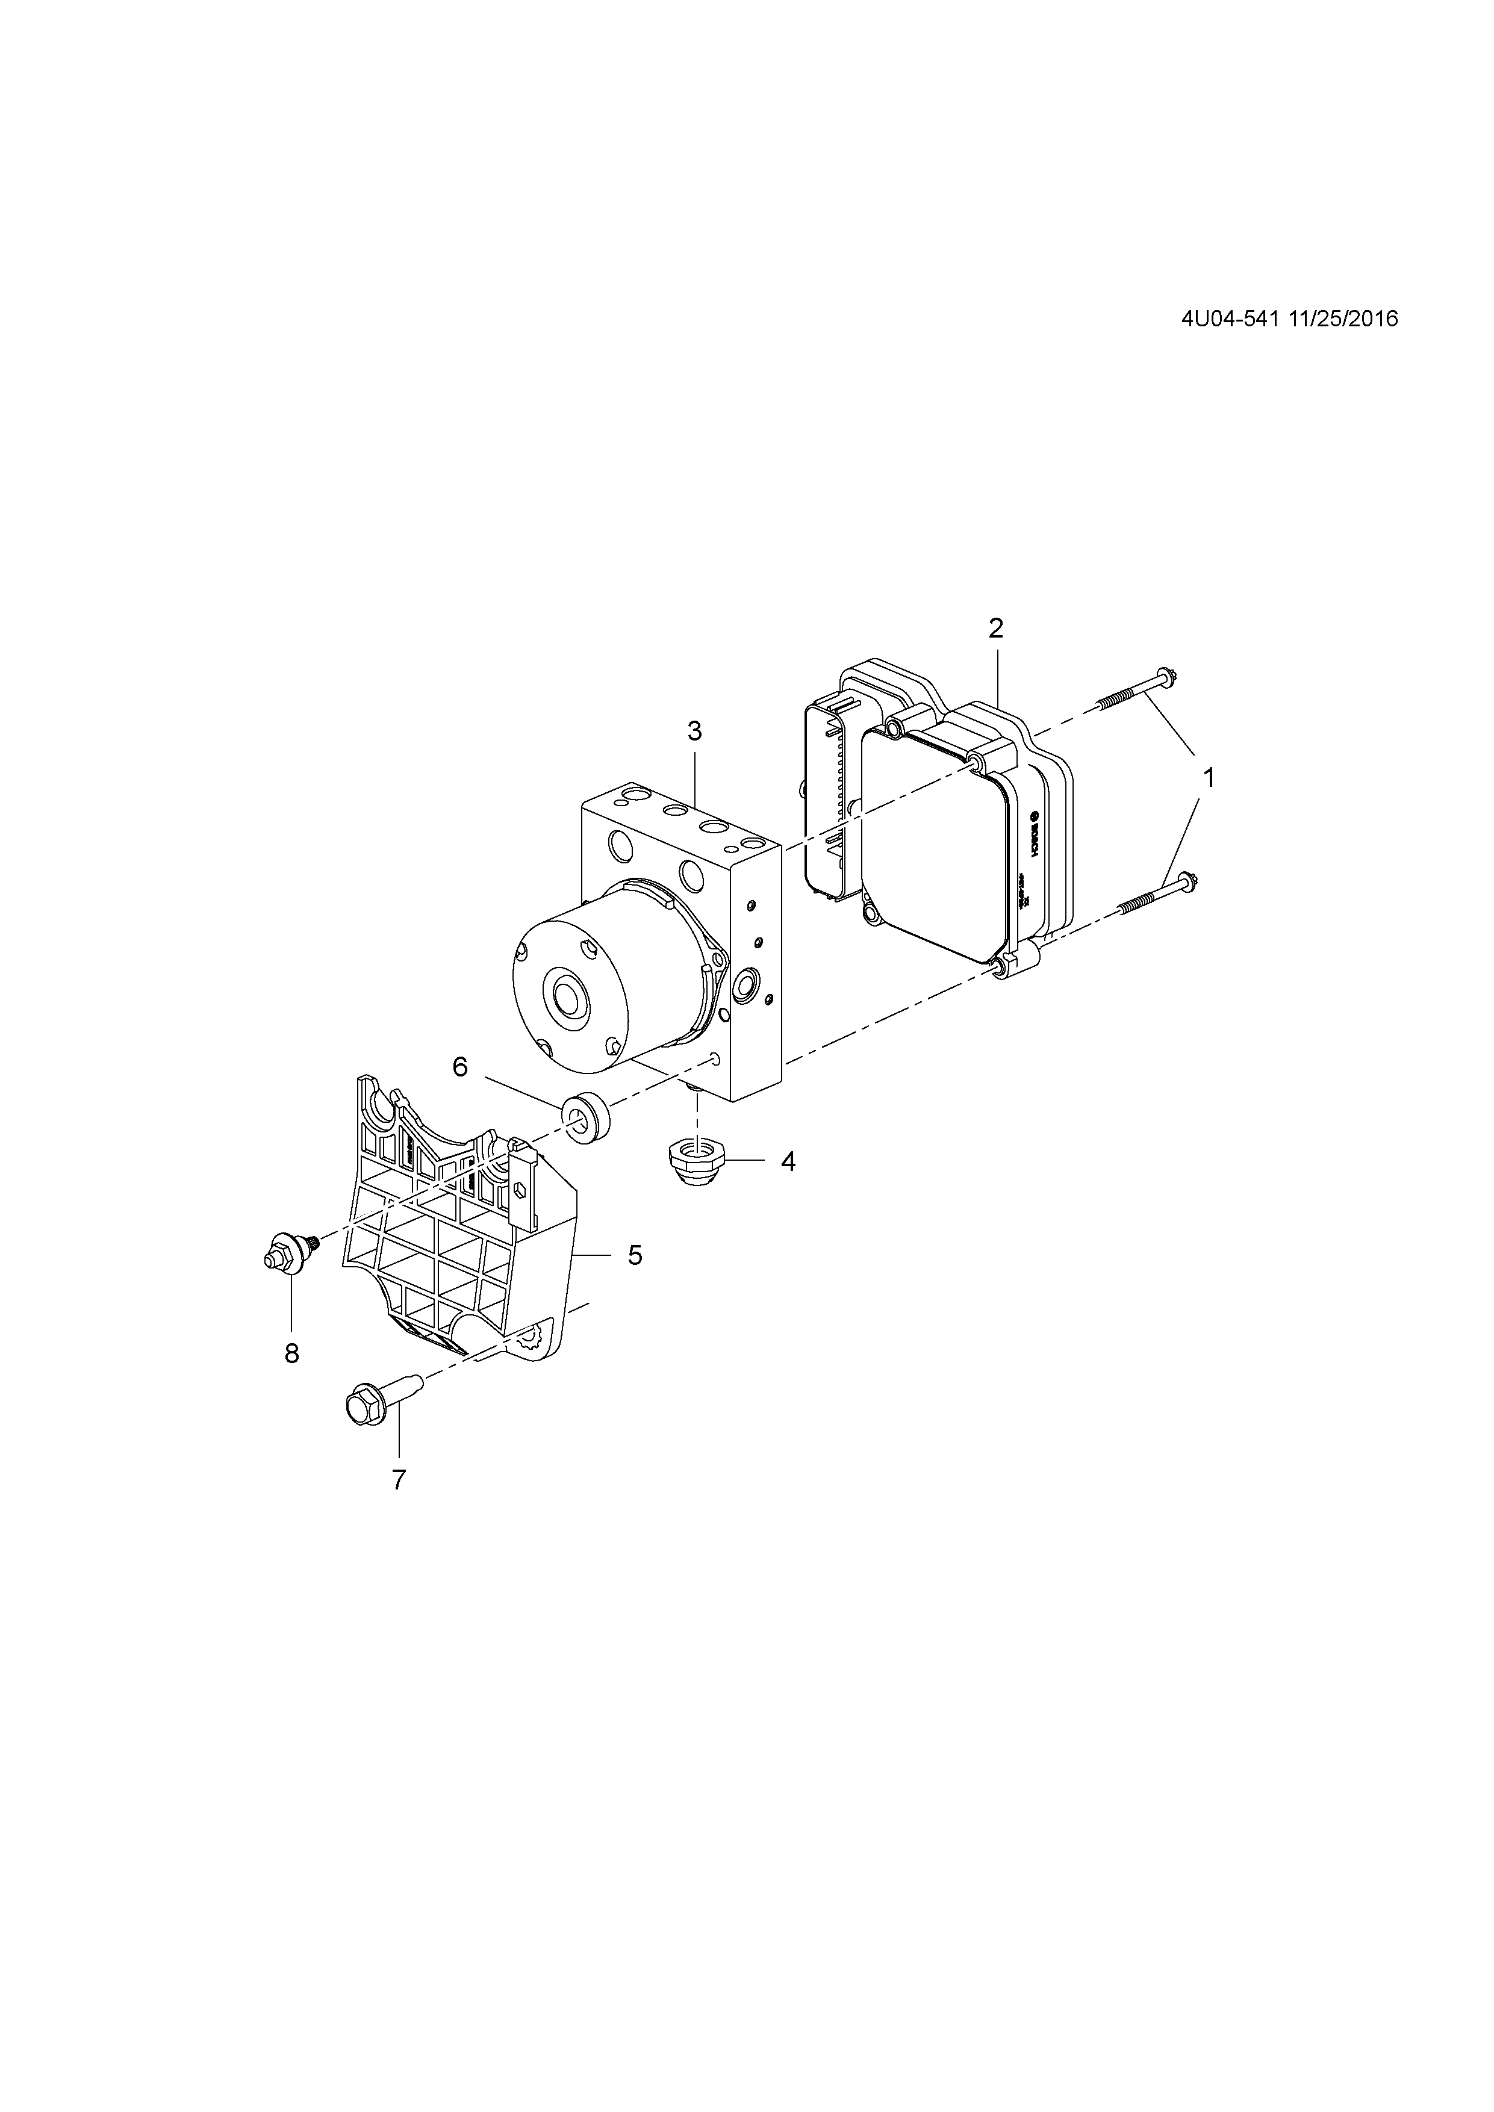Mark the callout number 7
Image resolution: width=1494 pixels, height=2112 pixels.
pyautogui.click(x=398, y=1480)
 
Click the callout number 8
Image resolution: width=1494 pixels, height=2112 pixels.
pyautogui.click(x=291, y=1353)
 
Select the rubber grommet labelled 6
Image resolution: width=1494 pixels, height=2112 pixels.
pyautogui.click(x=584, y=1117)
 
